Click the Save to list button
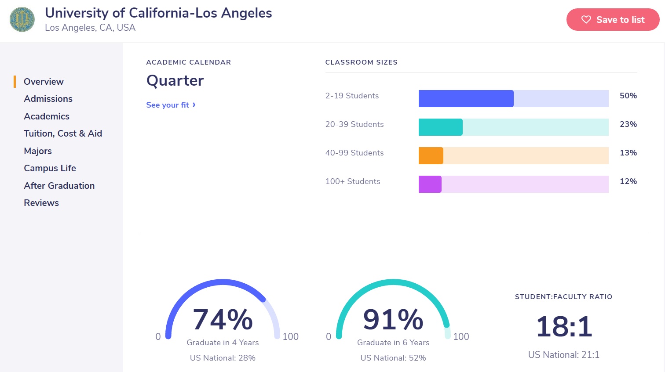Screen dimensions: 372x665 [613, 20]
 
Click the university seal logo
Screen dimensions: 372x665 [22, 19]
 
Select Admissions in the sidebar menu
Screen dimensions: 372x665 [48, 99]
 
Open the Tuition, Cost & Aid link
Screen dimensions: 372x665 [63, 134]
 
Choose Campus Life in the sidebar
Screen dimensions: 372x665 [50, 168]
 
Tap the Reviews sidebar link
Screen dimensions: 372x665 [41, 203]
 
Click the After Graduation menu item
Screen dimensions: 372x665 [59, 186]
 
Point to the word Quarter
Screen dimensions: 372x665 [175, 80]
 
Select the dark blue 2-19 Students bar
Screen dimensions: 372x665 [466, 99]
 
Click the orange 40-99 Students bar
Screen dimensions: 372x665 [431, 156]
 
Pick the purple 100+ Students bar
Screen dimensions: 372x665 [430, 184]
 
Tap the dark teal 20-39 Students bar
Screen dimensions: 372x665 [440, 127]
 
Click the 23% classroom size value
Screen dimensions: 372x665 [628, 124]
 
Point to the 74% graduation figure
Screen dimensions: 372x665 [223, 319]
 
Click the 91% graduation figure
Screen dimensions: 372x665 [393, 319]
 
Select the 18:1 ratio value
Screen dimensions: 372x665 [564, 327]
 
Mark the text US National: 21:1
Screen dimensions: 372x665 [564, 355]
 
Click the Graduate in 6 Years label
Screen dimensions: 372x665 [393, 343]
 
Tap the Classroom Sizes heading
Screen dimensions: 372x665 [361, 62]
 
